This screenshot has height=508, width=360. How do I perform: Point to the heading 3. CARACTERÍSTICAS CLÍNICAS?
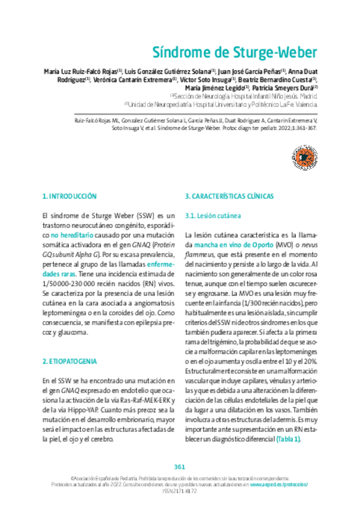(x=229, y=196)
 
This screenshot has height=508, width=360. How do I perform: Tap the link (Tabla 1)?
(x=288, y=439)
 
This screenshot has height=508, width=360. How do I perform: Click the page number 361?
(x=180, y=467)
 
